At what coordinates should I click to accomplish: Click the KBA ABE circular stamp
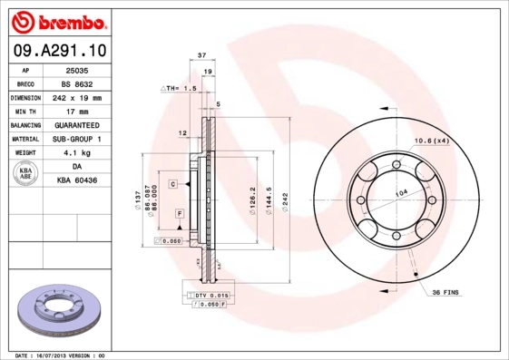[x=26, y=174]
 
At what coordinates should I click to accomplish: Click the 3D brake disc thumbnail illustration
[x=61, y=312]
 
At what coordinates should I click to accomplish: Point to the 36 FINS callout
[x=446, y=292]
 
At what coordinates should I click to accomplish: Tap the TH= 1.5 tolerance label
[x=179, y=88]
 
